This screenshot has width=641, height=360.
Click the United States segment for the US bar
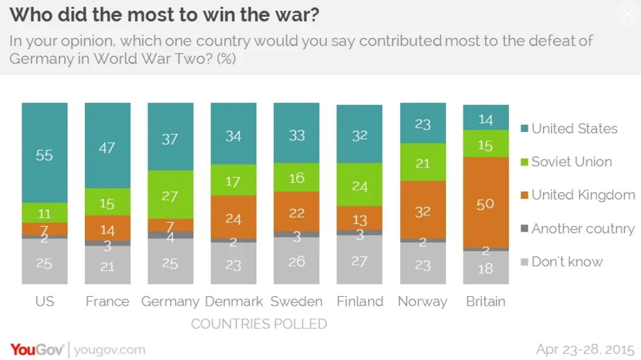[45, 153]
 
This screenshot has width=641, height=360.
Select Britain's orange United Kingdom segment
[485, 202]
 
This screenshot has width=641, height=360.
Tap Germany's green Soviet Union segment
[170, 194]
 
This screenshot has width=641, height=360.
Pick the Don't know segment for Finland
[359, 259]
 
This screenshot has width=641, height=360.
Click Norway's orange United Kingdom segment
[423, 210]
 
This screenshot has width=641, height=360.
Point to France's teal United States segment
[107, 146]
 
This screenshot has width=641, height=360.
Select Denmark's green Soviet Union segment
[233, 181]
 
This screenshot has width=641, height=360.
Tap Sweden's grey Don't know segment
[296, 261]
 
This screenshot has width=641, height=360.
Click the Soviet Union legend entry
[571, 162]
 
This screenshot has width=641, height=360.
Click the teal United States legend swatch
[524, 129]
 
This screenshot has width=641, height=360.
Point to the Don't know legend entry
[566, 262]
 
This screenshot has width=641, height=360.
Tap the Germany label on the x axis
[170, 302]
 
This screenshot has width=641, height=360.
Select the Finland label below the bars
[359, 302]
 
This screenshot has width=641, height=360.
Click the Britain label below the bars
[485, 302]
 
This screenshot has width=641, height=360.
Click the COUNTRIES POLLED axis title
[259, 324]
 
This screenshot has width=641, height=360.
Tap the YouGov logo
[37, 350]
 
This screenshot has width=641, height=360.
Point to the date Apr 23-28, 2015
[585, 350]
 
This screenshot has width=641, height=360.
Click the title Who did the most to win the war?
[164, 15]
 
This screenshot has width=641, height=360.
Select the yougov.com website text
[110, 350]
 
